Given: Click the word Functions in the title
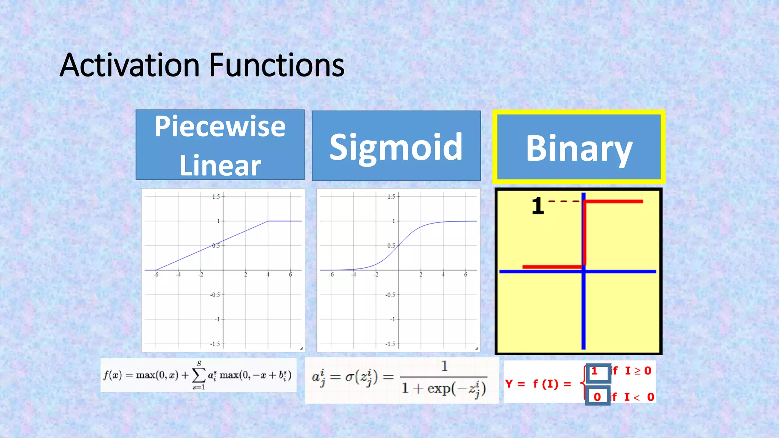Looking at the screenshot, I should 277,65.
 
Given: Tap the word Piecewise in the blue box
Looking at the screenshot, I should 220,126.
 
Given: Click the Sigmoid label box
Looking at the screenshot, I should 396,146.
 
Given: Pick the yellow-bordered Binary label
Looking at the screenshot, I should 579,148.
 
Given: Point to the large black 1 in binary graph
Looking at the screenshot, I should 537,206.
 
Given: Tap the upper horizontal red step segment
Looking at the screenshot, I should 613,201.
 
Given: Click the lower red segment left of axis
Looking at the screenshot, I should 552,267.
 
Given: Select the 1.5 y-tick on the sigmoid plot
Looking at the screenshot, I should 391,197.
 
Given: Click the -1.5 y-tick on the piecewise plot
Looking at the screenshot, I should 215,344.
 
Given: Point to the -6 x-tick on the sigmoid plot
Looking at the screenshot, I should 331,275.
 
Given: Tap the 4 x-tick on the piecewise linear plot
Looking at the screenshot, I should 268,275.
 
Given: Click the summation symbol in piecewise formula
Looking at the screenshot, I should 198,376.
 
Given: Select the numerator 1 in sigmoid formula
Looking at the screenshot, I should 444,366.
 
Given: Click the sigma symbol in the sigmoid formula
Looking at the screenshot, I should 349,377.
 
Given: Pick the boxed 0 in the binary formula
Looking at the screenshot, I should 597,397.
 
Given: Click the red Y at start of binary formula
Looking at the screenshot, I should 509,384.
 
